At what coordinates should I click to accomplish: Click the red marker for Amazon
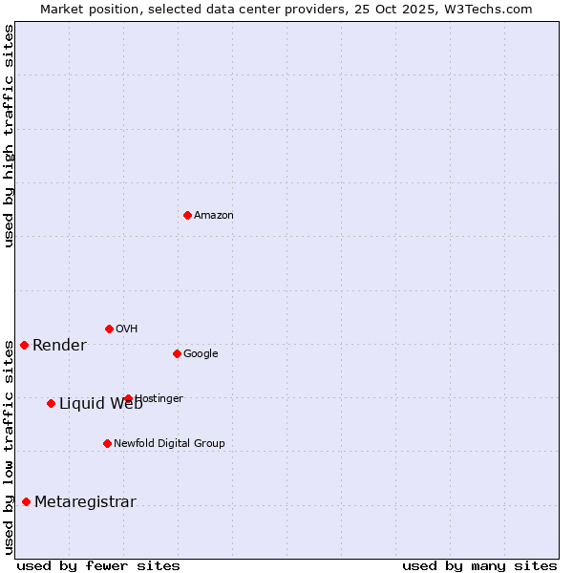coord(187,215)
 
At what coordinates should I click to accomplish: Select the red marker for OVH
coord(109,329)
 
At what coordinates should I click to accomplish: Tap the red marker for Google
coord(177,353)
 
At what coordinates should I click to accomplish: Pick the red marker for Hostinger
coord(128,398)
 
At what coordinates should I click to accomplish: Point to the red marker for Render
coord(24,345)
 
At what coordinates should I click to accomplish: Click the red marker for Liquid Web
coord(51,403)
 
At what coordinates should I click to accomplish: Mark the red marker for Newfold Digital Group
coord(107,443)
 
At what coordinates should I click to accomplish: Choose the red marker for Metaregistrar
coord(26,501)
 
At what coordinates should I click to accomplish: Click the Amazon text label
coord(214,216)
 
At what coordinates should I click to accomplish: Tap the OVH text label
coord(127,329)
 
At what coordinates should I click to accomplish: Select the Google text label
coord(201,354)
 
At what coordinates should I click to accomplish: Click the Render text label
coord(59,346)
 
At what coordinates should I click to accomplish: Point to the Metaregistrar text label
coord(85,502)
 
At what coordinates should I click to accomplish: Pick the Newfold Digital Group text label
coord(169,443)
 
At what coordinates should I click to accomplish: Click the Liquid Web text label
coord(100,404)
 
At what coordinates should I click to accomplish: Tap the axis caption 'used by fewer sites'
coord(98,565)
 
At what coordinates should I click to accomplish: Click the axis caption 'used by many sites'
coord(479,565)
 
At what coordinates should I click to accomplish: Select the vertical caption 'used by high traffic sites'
coord(10,136)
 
